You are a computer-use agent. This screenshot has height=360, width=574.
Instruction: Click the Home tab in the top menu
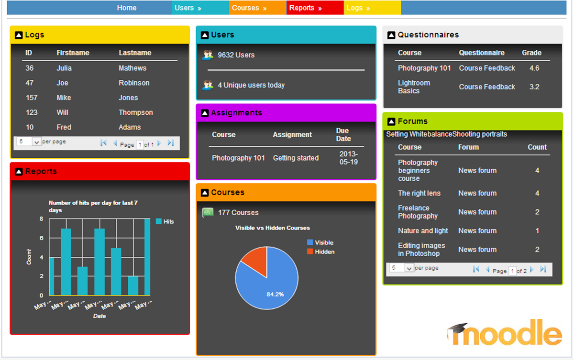click(x=127, y=8)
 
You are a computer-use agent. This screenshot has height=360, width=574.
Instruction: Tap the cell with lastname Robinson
click(x=134, y=83)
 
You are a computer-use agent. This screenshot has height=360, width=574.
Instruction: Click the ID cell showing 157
click(x=32, y=98)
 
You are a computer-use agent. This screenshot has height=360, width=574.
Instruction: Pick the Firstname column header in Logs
click(x=73, y=53)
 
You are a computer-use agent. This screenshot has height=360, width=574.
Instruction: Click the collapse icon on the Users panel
click(x=205, y=35)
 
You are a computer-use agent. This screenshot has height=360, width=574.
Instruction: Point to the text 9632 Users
click(x=236, y=55)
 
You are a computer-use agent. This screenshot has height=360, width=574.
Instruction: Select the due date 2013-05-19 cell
click(x=348, y=158)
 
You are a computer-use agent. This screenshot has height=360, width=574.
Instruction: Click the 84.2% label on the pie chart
click(x=275, y=294)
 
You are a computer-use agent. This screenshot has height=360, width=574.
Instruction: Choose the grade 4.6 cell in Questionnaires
click(x=534, y=68)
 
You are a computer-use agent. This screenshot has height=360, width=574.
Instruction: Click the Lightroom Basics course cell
click(x=414, y=87)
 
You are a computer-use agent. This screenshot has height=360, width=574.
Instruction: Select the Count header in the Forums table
click(x=537, y=147)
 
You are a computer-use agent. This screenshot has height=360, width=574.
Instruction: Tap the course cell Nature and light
click(x=423, y=230)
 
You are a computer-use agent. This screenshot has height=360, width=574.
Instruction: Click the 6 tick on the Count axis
click(x=41, y=238)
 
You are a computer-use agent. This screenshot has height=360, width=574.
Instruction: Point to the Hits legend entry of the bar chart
click(x=165, y=221)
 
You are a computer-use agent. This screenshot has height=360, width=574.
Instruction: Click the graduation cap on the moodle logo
click(x=459, y=328)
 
